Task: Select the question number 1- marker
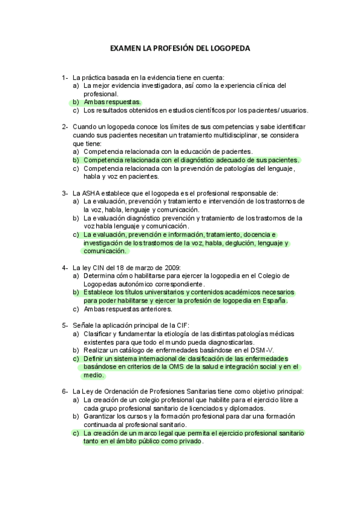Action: pyautogui.click(x=64, y=78)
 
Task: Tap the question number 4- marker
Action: pyautogui.click(x=64, y=268)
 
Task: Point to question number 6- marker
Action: pyautogui.click(x=64, y=392)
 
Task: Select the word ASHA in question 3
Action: pyautogui.click(x=95, y=193)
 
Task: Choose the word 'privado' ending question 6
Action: pyautogui.click(x=189, y=441)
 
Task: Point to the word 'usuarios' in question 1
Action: pyautogui.click(x=293, y=111)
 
